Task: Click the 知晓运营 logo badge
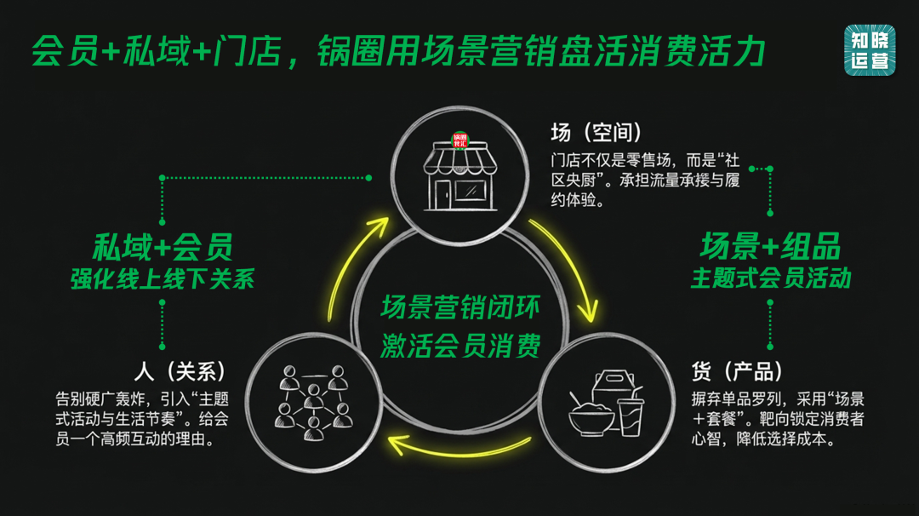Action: click(x=870, y=49)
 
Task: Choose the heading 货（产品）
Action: click(x=737, y=371)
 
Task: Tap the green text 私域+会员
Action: click(x=163, y=247)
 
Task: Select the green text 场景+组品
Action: click(x=770, y=247)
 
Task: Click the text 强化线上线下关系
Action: click(x=163, y=279)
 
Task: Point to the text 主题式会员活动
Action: click(x=770, y=279)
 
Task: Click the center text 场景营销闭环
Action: click(x=459, y=306)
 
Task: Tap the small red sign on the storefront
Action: click(x=460, y=140)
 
